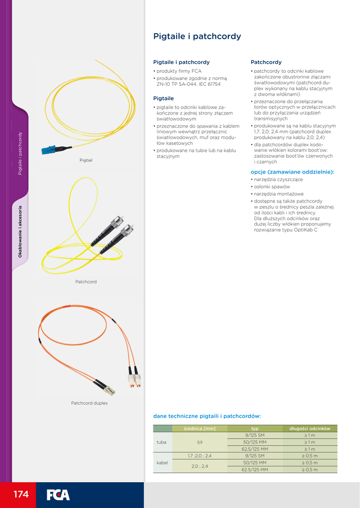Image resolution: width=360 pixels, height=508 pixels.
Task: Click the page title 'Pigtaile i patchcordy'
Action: coord(197,36)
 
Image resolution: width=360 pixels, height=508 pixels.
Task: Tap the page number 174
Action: coord(21,494)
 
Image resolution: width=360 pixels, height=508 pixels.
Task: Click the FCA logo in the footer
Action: coord(58,495)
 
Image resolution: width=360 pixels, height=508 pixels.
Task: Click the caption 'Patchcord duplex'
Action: coord(89,403)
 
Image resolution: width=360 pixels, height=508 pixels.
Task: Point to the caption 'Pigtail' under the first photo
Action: coord(86,160)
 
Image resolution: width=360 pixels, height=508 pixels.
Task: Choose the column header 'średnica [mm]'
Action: coord(200,428)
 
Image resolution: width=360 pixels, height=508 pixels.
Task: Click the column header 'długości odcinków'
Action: coord(309,428)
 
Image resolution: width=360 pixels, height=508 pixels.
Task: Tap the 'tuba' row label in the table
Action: coord(161,442)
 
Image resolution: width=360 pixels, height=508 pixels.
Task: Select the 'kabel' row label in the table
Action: coord(162,463)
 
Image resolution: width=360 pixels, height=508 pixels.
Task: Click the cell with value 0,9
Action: coord(200,442)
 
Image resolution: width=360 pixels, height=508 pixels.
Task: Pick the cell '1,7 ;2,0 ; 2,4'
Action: coord(200,456)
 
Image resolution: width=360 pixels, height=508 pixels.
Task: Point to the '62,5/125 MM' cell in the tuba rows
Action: coord(255,449)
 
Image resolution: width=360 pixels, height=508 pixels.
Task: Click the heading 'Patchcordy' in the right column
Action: coord(266,63)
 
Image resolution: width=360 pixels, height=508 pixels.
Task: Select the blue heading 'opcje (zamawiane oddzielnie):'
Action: coord(292,172)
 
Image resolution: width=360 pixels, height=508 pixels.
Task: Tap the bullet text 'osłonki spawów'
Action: coord(272,187)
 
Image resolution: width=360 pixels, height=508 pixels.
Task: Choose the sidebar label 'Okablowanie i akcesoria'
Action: coord(20,231)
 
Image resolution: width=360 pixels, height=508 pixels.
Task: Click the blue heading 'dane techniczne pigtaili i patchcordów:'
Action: coord(207,416)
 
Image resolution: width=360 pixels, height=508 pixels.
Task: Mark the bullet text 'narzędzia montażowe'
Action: coord(279,194)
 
